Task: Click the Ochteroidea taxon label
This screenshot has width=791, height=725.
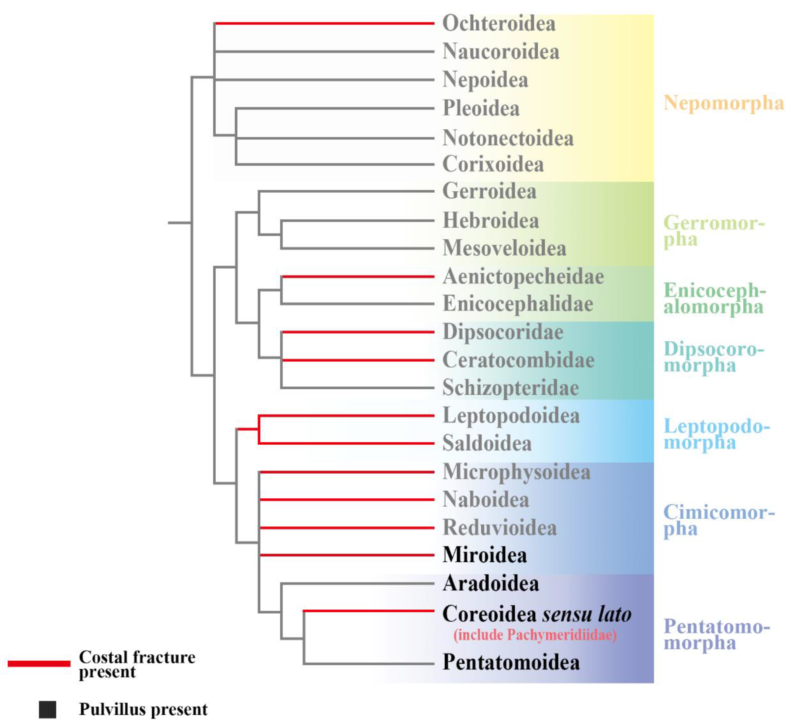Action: pos(499,24)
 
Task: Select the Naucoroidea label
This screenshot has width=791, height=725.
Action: pos(501,52)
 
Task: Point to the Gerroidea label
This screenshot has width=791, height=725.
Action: pos(489,192)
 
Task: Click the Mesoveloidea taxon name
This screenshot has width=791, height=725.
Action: pos(504,248)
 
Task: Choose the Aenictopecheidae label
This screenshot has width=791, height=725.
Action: pos(523,277)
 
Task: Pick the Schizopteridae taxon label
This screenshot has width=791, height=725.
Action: pos(511,388)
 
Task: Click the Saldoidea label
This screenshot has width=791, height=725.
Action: pos(487,444)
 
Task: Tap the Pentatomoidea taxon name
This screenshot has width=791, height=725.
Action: pos(511,663)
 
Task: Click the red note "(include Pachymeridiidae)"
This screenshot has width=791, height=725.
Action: pos(535,635)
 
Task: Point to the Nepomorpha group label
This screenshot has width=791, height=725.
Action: pos(723,103)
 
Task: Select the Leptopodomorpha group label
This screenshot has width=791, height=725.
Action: pos(716,434)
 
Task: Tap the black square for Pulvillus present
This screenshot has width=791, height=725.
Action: pos(47,710)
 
